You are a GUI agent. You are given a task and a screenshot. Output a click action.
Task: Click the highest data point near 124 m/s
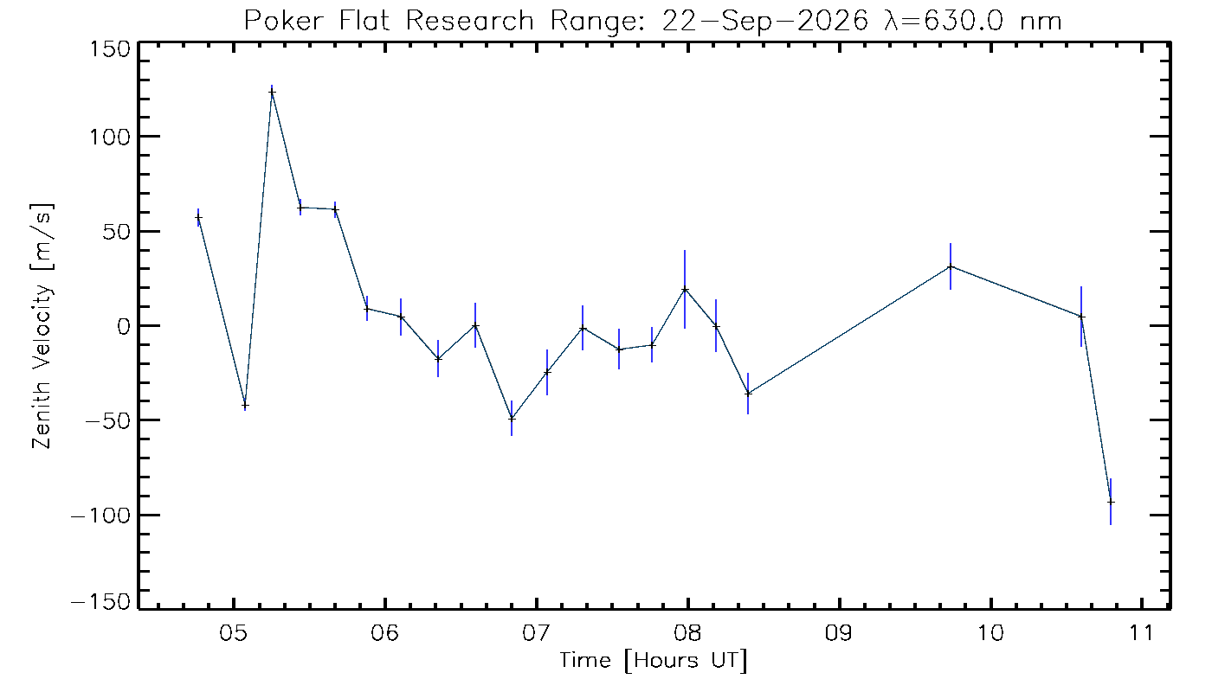[x=272, y=93]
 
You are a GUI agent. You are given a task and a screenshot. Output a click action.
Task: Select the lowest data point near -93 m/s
[x=1111, y=503]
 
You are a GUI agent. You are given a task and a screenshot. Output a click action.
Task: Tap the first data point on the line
[x=198, y=218]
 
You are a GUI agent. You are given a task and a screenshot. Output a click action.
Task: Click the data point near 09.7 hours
[x=951, y=266]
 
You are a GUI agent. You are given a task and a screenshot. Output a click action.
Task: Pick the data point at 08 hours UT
[x=685, y=290]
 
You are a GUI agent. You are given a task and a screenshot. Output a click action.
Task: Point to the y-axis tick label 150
[x=110, y=50]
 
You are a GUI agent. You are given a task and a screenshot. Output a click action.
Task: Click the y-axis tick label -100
[x=101, y=516]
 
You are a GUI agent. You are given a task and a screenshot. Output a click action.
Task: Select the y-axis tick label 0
[x=124, y=327]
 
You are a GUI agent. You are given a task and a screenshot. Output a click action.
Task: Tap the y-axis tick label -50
[x=108, y=421]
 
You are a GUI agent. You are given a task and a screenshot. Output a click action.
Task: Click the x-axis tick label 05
[x=233, y=633]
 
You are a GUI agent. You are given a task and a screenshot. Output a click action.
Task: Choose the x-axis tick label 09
[x=839, y=633]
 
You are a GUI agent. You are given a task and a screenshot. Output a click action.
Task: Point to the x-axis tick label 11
[x=1141, y=633]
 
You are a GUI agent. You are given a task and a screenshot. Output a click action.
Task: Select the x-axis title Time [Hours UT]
[x=653, y=661]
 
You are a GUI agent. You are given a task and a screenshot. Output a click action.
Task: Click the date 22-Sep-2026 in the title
[x=764, y=22]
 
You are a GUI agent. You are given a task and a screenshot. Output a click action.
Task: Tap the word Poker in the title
[x=284, y=21]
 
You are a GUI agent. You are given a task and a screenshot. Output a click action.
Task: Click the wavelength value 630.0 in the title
[x=964, y=21]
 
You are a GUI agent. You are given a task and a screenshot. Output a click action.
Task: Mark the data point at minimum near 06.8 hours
[x=512, y=419]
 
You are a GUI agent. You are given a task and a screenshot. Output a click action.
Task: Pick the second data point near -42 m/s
[x=245, y=405]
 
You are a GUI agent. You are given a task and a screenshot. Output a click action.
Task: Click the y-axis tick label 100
[x=110, y=138]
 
